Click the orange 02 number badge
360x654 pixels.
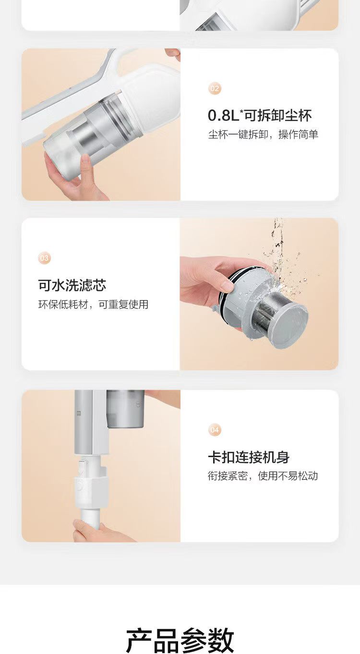[x=215, y=88]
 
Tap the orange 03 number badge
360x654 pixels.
[x=44, y=258]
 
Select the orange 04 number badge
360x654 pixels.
[x=215, y=430]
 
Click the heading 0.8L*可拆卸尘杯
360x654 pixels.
[x=260, y=115]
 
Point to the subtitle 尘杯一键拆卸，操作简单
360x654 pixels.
[x=263, y=134]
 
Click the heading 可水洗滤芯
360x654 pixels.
[x=72, y=285]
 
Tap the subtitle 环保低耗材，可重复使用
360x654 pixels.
[x=93, y=304]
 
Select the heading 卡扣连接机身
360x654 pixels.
[x=249, y=457]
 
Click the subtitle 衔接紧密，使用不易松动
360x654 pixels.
[x=263, y=476]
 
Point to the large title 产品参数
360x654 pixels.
[x=180, y=640]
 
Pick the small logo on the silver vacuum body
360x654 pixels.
[x=79, y=413]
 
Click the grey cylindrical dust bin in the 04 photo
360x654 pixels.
[x=125, y=409]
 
